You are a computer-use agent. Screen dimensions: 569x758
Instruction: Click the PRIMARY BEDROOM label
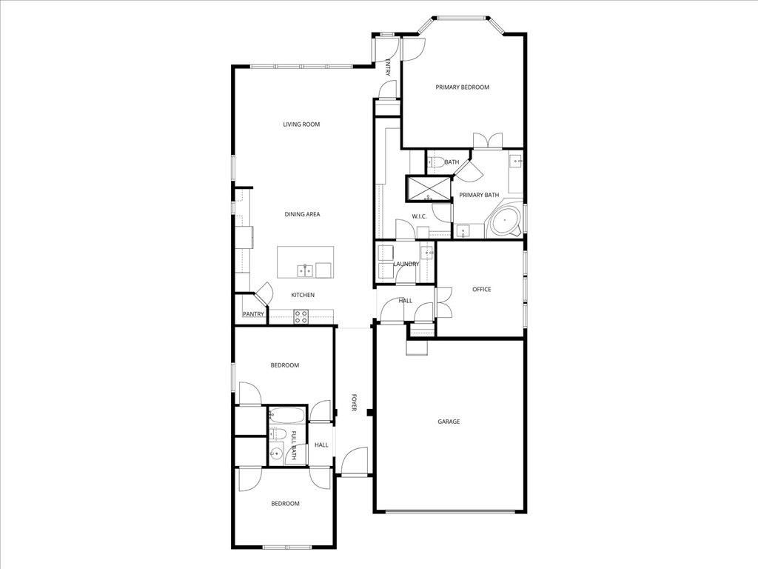462,87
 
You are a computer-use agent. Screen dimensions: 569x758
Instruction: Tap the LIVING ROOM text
301,124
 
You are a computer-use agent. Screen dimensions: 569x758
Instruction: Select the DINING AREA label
302,214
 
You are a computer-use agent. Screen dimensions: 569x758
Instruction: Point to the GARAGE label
449,422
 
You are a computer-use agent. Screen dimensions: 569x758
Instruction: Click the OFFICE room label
482,290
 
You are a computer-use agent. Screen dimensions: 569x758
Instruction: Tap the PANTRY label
253,314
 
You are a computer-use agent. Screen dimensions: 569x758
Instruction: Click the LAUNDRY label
406,264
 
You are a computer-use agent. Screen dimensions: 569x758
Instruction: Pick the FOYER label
354,404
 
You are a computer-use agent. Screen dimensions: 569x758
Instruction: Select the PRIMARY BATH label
479,195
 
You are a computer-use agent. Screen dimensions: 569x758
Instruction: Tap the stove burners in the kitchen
301,316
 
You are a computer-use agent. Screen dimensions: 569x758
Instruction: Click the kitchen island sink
304,270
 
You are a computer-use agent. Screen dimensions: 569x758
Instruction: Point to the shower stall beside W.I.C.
428,188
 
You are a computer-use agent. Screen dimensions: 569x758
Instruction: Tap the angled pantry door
264,291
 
